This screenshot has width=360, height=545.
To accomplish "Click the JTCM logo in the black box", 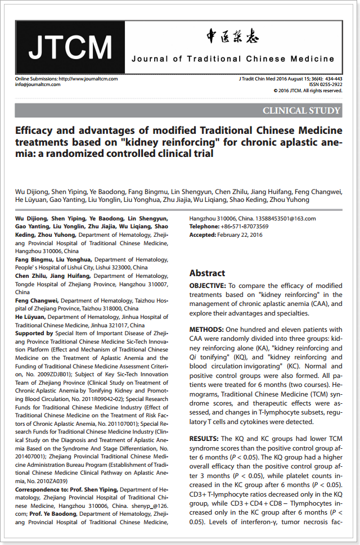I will (x=70, y=47).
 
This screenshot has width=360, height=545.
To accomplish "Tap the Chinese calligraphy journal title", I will (x=232, y=38).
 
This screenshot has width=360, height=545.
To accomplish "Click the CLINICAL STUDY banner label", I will (x=301, y=110).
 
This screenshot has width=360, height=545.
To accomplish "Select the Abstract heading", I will (x=207, y=273).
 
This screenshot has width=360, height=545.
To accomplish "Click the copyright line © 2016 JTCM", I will (x=308, y=90).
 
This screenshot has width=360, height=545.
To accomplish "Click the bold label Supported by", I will (x=34, y=333).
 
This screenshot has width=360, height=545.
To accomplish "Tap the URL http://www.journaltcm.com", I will (x=88, y=79).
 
